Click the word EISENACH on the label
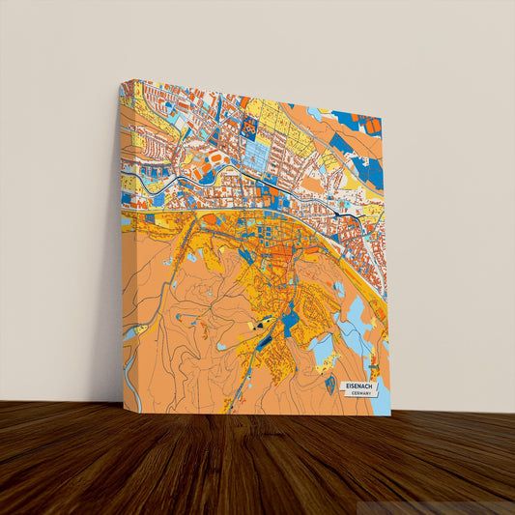[x=358, y=386]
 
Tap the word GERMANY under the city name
[x=362, y=394]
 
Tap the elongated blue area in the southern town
[x=290, y=319]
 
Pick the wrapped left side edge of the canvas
[x=123, y=251]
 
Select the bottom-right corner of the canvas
[x=389, y=415]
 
